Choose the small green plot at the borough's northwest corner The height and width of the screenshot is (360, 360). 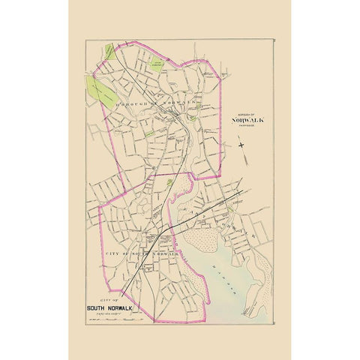(110, 51)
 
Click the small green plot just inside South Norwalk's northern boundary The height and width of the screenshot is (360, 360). (169, 181)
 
